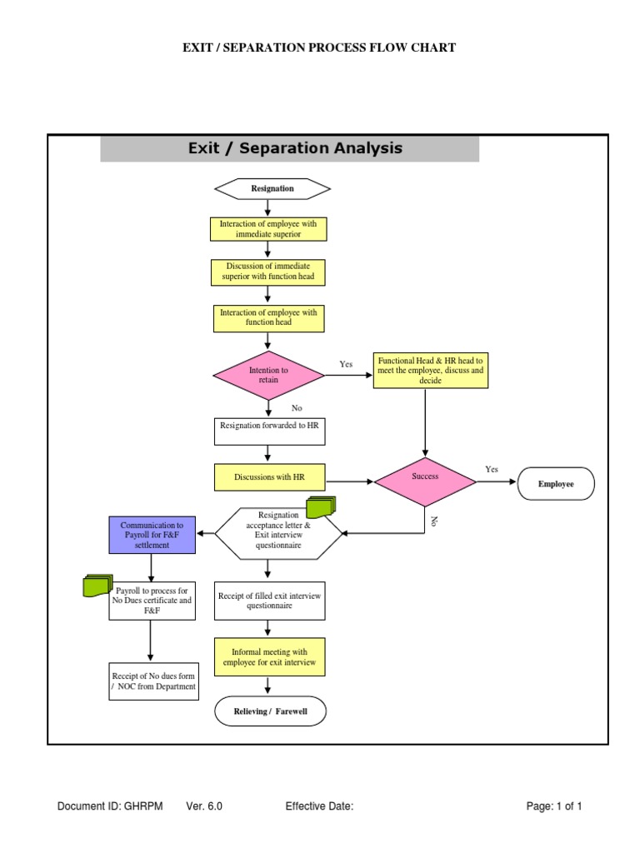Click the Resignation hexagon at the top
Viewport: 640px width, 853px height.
pyautogui.click(x=272, y=188)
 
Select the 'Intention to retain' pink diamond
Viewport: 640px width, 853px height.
pyautogui.click(x=268, y=375)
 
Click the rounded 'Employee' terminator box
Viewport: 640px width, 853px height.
pyautogui.click(x=556, y=484)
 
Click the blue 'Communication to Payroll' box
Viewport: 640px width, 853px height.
pyautogui.click(x=152, y=536)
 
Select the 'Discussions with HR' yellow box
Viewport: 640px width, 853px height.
pyautogui.click(x=268, y=477)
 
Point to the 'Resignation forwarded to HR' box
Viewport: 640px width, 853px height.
pyautogui.click(x=268, y=431)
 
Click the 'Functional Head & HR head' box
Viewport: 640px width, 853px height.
pyautogui.click(x=430, y=369)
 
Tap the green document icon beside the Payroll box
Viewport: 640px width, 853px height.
pyautogui.click(x=97, y=586)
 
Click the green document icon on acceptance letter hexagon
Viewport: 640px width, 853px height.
pyautogui.click(x=320, y=506)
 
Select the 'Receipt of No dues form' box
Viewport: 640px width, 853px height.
pyautogui.click(x=153, y=681)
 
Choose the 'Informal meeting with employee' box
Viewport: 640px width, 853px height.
pyautogui.click(x=269, y=656)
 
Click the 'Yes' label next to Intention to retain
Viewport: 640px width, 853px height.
pyautogui.click(x=346, y=364)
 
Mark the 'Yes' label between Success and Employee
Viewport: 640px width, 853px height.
pyautogui.click(x=492, y=469)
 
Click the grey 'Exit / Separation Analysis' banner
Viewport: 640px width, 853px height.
pyautogui.click(x=290, y=148)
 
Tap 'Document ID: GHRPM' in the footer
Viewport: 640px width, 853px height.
pyautogui.click(x=110, y=806)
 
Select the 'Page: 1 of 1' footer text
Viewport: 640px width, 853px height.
pyautogui.click(x=553, y=806)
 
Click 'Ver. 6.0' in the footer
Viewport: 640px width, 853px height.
pyautogui.click(x=204, y=806)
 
